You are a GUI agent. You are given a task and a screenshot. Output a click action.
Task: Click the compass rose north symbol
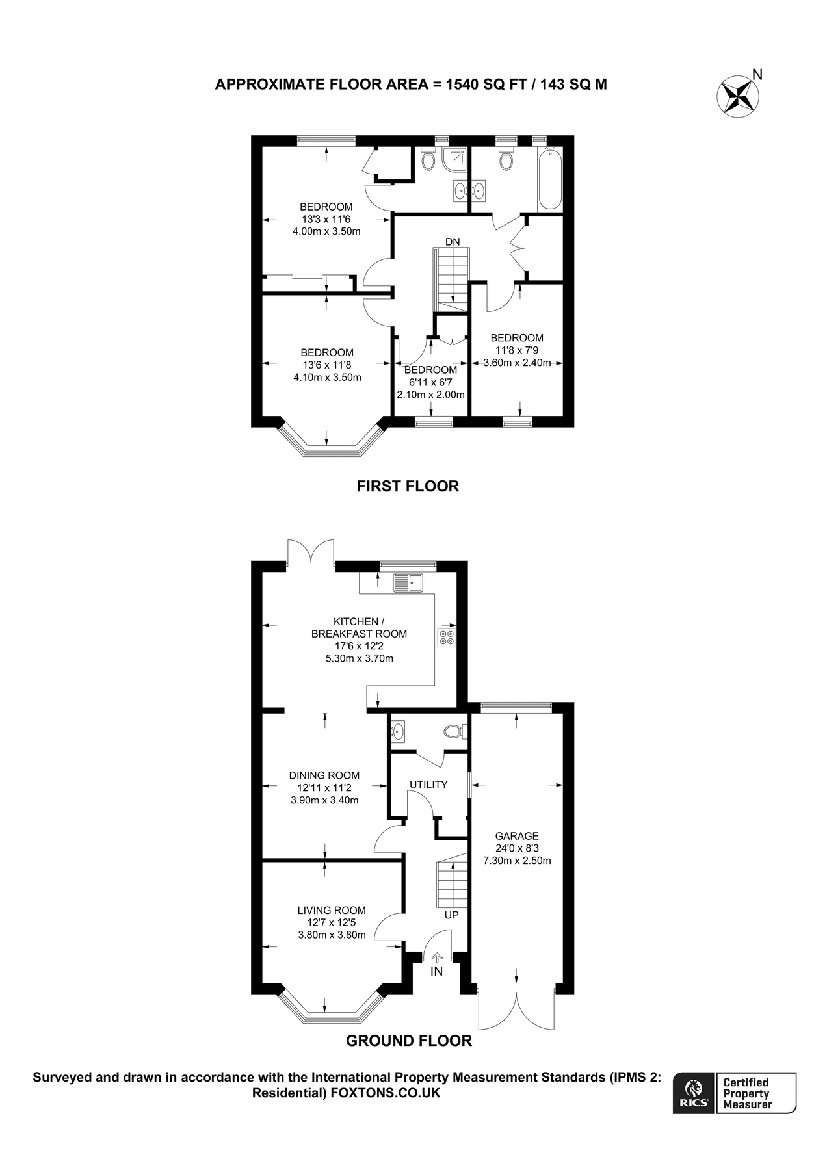tap(739, 96)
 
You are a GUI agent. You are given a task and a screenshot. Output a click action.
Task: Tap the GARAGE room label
tap(517, 836)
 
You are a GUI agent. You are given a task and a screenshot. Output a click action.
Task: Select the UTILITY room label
tap(428, 785)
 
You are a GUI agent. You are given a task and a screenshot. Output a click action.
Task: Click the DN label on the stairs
tap(453, 242)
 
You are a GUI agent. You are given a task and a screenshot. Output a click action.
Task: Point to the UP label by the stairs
tap(451, 915)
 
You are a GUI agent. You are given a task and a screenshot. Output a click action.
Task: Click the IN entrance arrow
tap(437, 957)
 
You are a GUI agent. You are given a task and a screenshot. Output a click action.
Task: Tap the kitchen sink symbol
tap(408, 583)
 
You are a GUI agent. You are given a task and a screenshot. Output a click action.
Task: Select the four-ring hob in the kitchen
tap(447, 638)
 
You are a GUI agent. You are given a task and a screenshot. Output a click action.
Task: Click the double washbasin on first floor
tap(469, 190)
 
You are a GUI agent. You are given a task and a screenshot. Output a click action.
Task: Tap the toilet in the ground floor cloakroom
tap(455, 732)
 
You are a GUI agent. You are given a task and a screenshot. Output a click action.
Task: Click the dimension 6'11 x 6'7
tap(430, 382)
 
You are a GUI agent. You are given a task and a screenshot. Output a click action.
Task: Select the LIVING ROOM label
tap(332, 911)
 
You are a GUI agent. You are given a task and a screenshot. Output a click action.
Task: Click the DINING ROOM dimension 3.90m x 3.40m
tap(324, 800)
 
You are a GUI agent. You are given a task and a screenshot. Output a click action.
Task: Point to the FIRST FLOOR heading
tap(408, 486)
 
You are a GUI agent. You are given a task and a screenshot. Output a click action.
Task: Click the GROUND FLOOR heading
tap(408, 1041)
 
